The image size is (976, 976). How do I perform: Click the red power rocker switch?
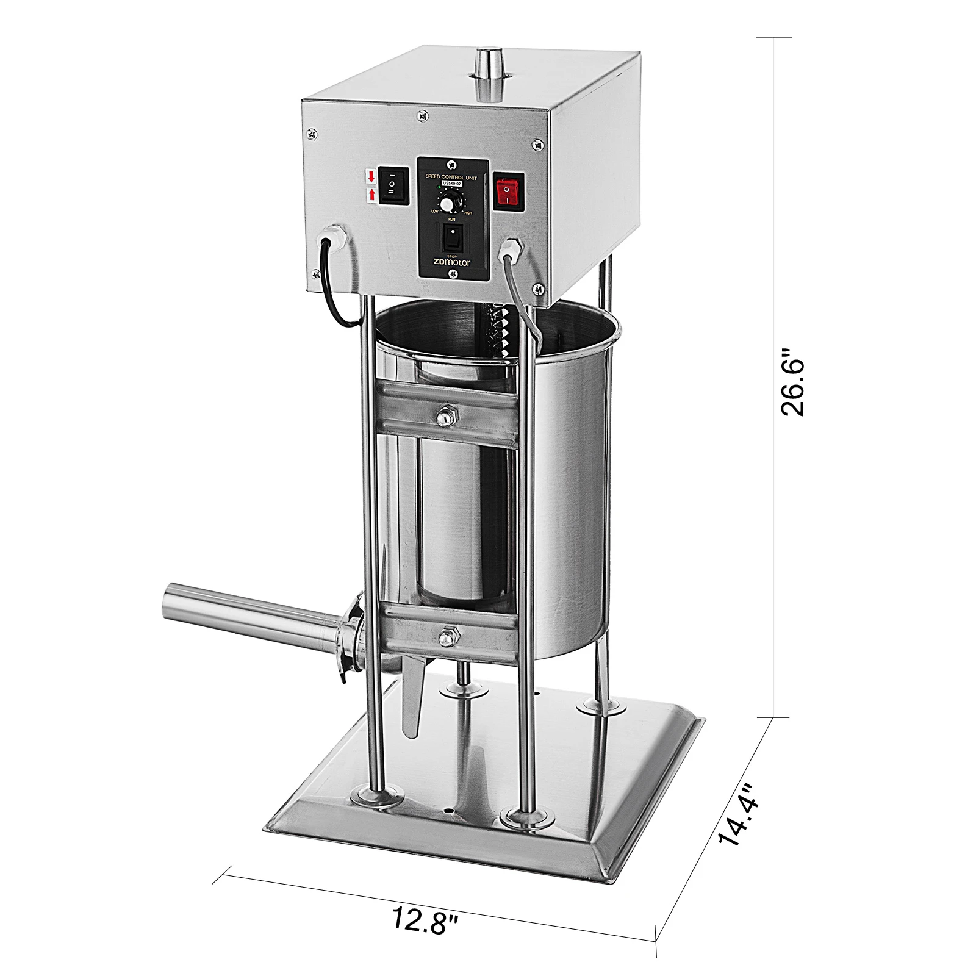(509, 192)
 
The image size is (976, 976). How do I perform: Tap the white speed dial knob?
(448, 203)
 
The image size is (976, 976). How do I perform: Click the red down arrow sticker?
(371, 177)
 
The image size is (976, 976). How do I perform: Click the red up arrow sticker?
(371, 195)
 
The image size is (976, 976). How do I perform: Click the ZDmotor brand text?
(452, 262)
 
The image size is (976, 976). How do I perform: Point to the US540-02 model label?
(452, 183)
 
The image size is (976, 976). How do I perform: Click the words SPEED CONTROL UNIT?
(451, 176)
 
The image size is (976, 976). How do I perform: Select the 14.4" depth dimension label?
(739, 814)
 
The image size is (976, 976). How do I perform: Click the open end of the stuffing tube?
(167, 601)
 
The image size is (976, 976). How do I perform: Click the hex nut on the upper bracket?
(445, 417)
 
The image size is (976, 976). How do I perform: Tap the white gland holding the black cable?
(334, 237)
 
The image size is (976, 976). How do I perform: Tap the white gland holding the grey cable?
(509, 249)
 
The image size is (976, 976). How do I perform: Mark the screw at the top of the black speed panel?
(451, 165)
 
